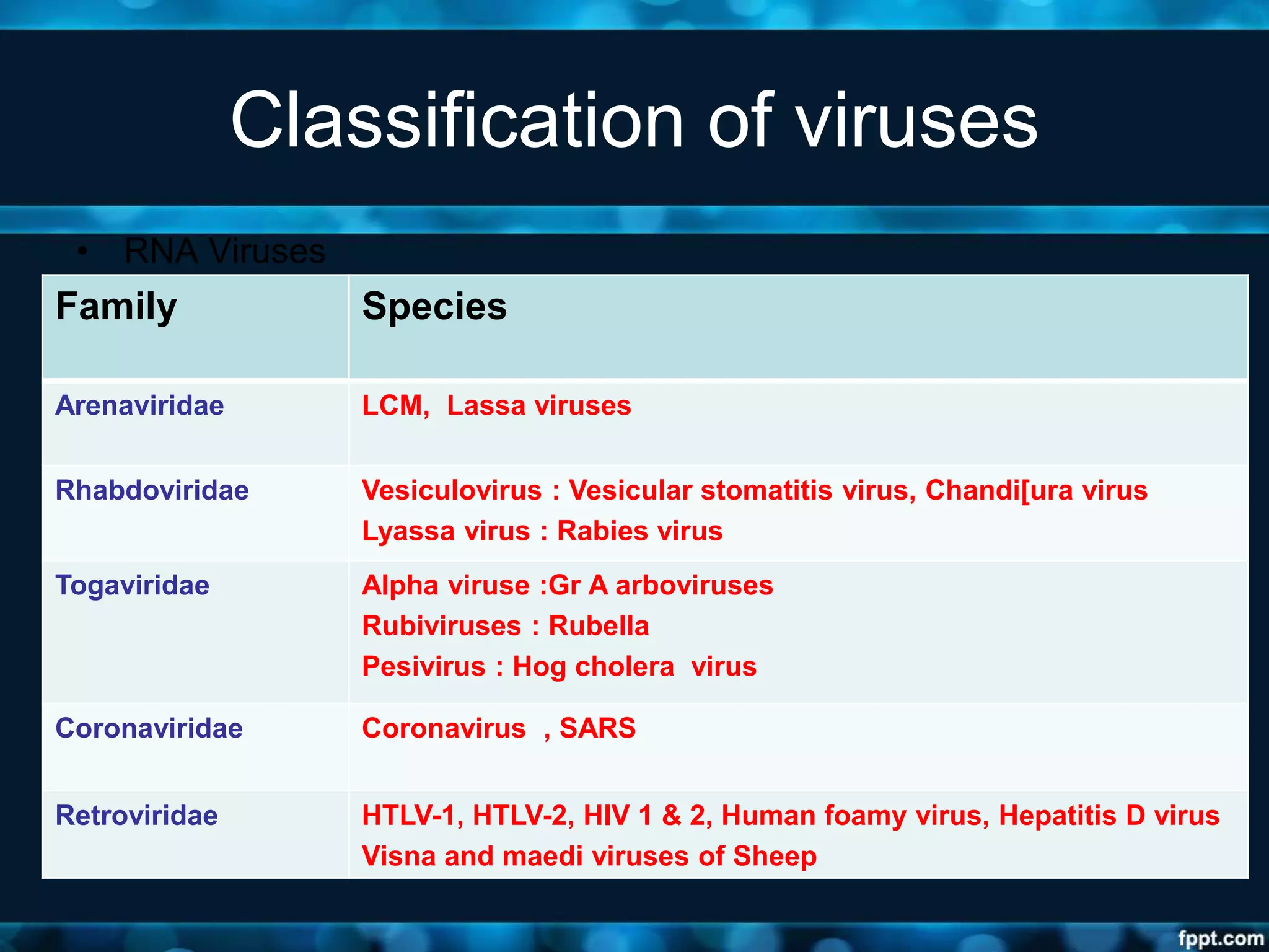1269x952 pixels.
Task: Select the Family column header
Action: point(116,306)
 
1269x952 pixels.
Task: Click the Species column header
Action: point(434,306)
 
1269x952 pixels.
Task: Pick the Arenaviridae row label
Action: point(139,405)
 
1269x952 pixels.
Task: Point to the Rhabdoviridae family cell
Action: point(152,490)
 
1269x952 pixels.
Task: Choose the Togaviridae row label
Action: point(132,585)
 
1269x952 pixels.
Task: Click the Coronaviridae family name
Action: point(149,728)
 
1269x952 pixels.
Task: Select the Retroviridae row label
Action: point(136,816)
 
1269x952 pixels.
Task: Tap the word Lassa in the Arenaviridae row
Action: point(486,405)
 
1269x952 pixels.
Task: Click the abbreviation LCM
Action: point(393,405)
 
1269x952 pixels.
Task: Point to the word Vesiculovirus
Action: point(452,490)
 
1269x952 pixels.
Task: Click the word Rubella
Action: point(599,626)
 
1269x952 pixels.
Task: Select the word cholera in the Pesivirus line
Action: point(624,667)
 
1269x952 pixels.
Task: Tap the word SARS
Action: point(597,728)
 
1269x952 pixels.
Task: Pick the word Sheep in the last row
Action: point(775,857)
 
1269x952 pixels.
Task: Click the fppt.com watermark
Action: point(1220,938)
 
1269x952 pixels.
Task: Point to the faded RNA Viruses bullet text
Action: point(224,251)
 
